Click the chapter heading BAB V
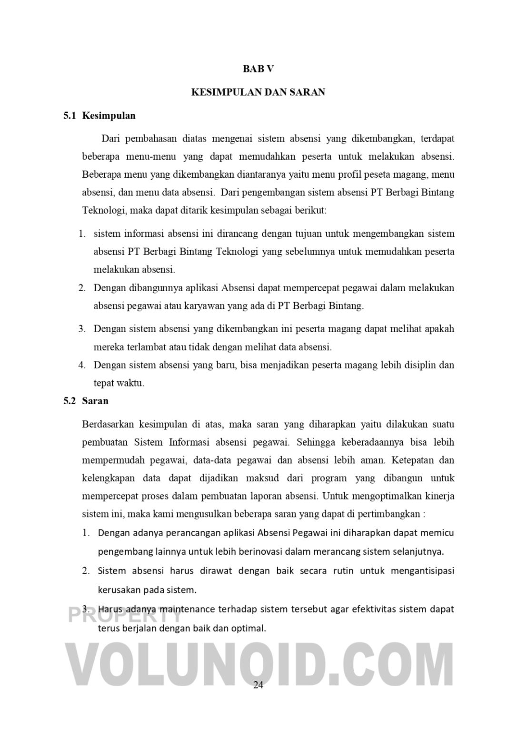pyautogui.click(x=258, y=69)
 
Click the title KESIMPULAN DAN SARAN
pyautogui.click(x=258, y=92)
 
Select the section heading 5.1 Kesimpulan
pyautogui.click(x=99, y=115)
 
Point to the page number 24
pyautogui.click(x=258, y=685)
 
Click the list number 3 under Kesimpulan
pyautogui.click(x=82, y=329)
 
